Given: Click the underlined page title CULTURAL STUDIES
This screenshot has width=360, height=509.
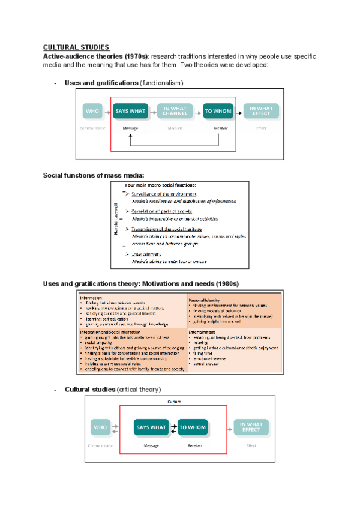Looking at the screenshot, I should pyautogui.click(x=76, y=47).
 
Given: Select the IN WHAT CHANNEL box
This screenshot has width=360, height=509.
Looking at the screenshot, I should pyautogui.click(x=175, y=111).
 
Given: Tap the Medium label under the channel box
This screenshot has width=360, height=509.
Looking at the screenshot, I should pyautogui.click(x=175, y=128).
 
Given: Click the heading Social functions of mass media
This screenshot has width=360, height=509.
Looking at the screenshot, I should pyautogui.click(x=94, y=175).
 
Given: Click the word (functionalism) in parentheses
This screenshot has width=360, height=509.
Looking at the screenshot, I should pyautogui.click(x=161, y=83).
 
